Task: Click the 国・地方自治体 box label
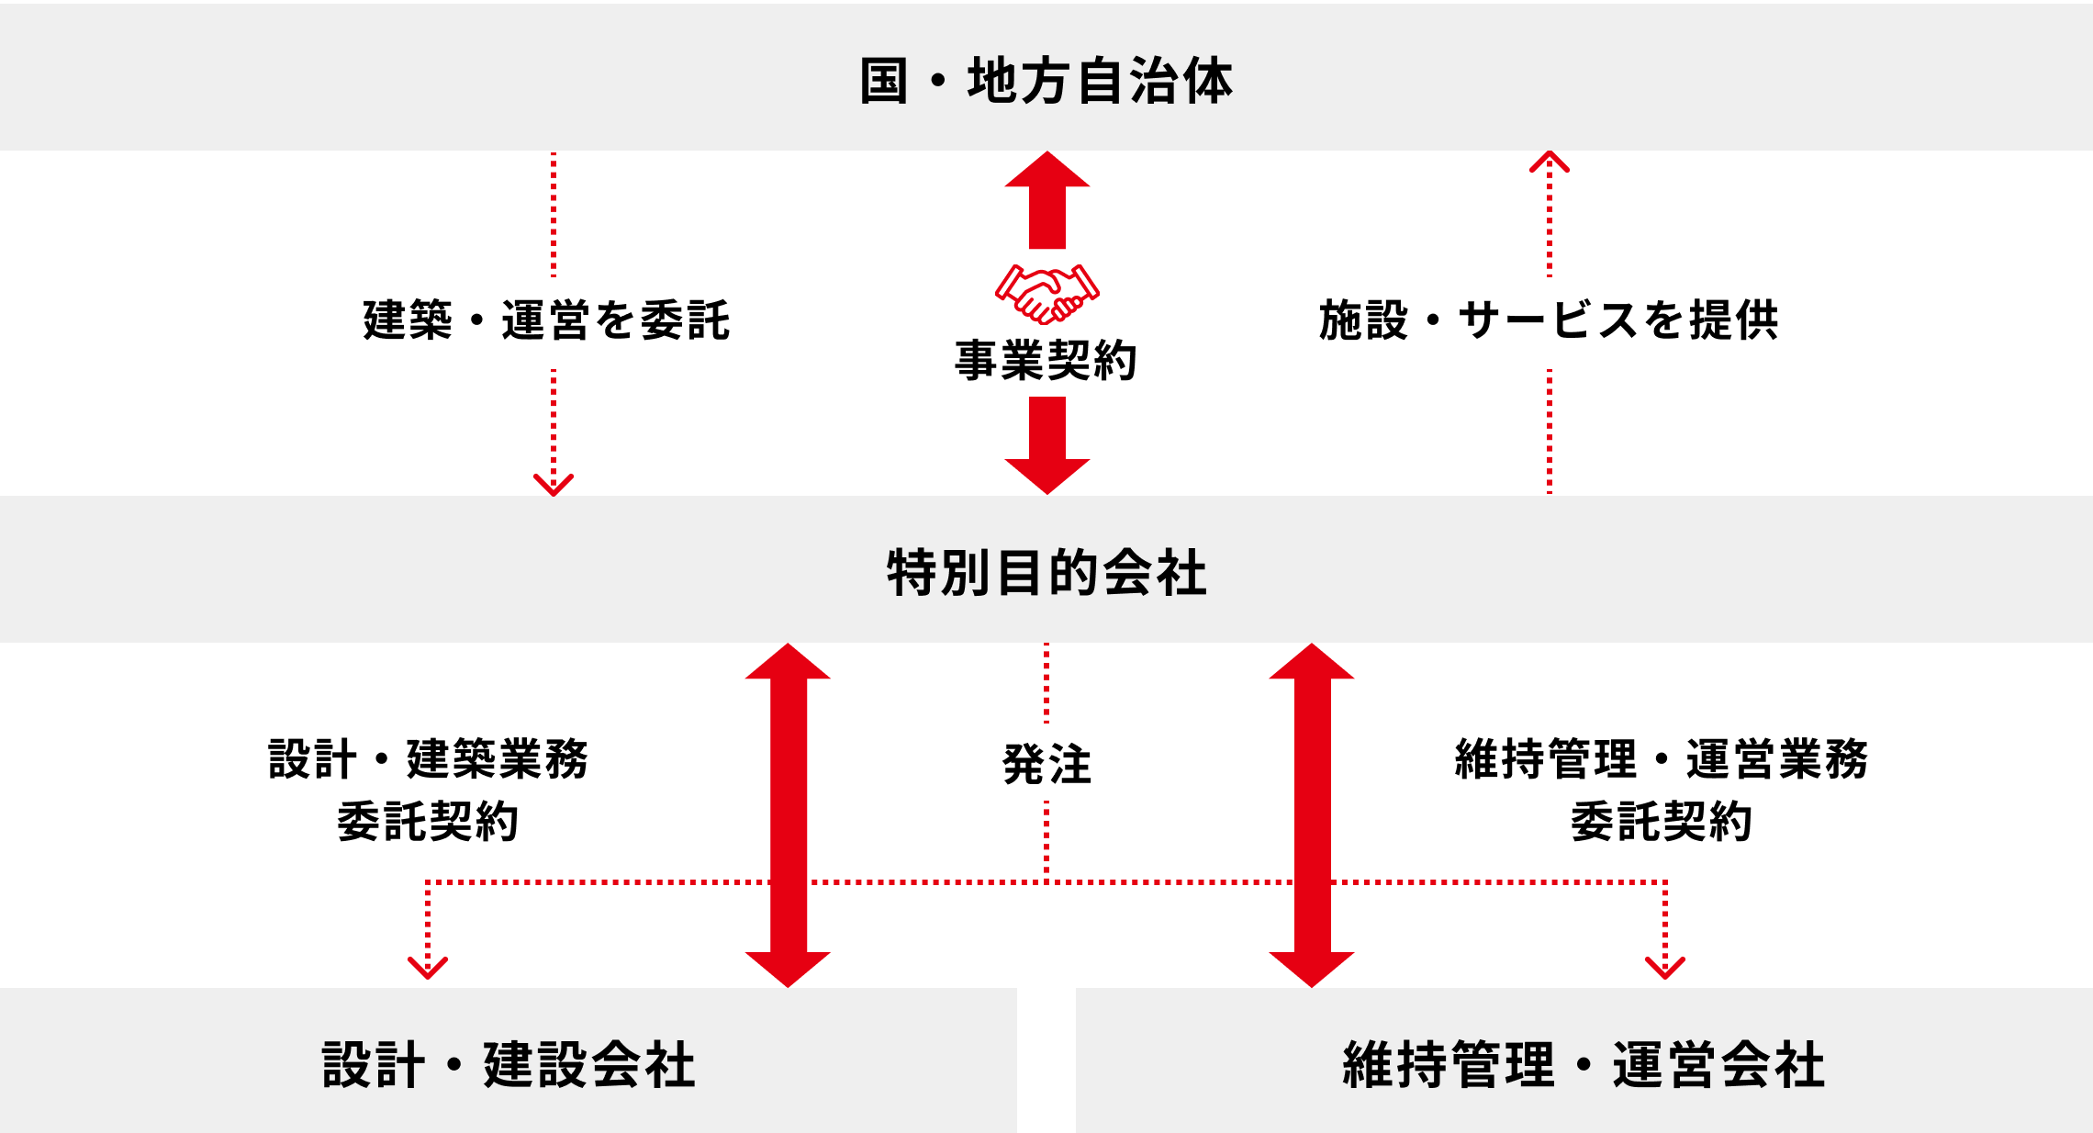click(x=1046, y=81)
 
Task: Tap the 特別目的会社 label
click(x=1046, y=573)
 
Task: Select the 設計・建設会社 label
click(x=509, y=1065)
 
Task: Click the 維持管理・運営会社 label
click(x=1584, y=1065)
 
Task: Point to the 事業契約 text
click(x=1046, y=360)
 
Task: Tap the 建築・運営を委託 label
click(x=546, y=320)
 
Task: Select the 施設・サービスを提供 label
click(x=1549, y=320)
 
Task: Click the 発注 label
click(x=1046, y=764)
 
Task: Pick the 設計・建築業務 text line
click(x=428, y=759)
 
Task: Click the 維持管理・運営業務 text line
click(x=1662, y=759)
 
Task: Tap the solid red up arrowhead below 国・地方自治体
click(x=1046, y=171)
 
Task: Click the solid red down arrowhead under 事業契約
click(x=1046, y=476)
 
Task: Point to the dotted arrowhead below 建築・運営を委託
click(x=554, y=485)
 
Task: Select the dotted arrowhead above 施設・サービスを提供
click(x=1549, y=163)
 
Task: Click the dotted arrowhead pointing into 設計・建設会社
click(x=428, y=967)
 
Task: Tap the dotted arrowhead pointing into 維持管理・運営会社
click(x=1664, y=967)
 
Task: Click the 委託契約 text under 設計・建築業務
click(x=428, y=821)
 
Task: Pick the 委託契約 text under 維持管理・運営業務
click(x=1662, y=821)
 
